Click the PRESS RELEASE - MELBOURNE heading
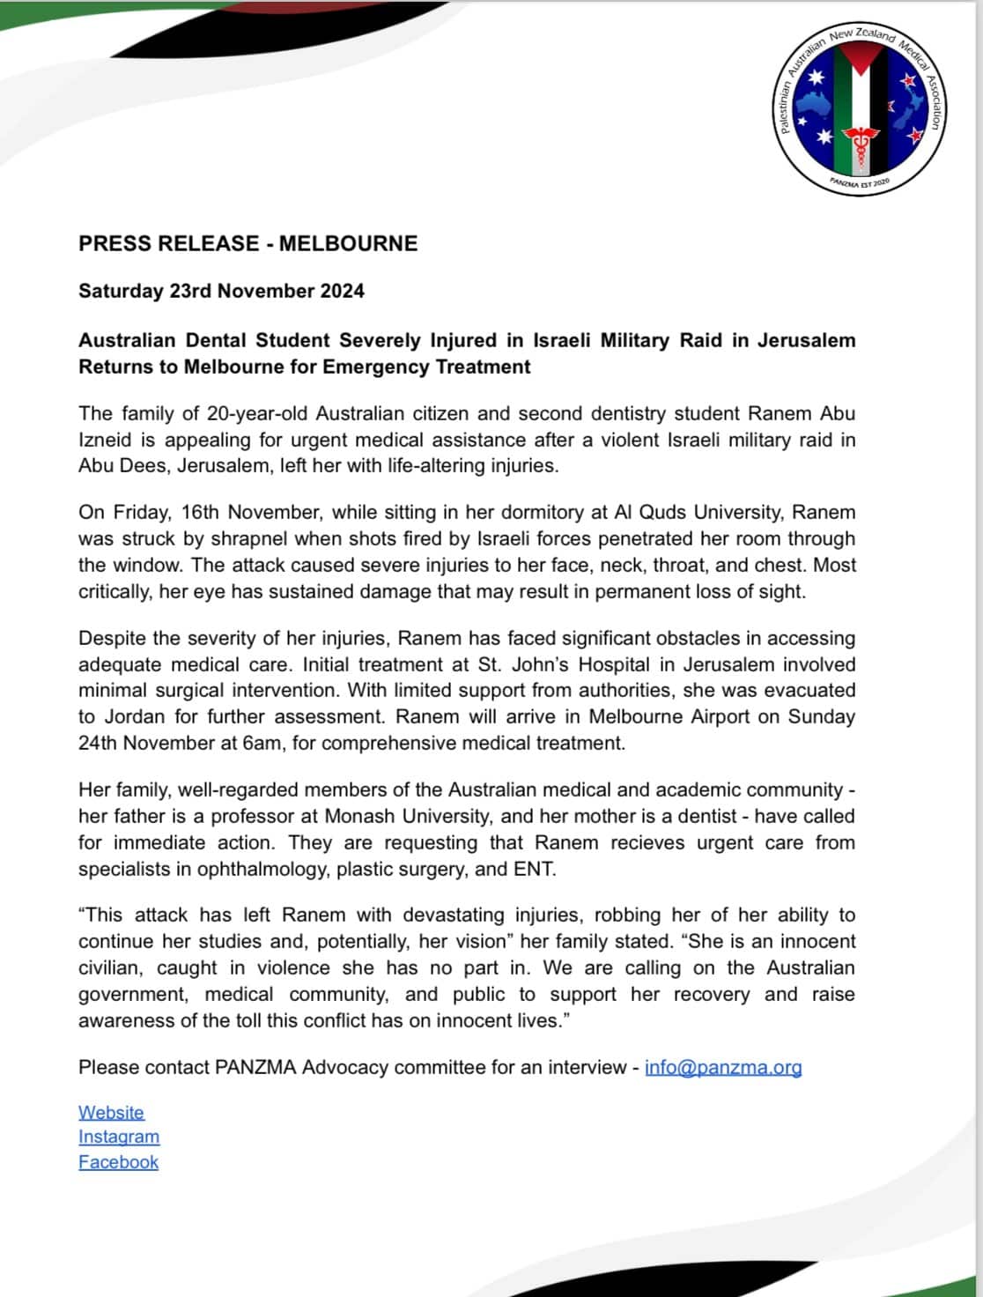pos(248,244)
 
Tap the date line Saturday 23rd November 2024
pos(221,292)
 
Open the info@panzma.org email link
pos(723,1068)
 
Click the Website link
pos(111,1113)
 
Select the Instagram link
pos(119,1138)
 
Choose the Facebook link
pos(118,1162)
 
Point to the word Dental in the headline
pos(216,341)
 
